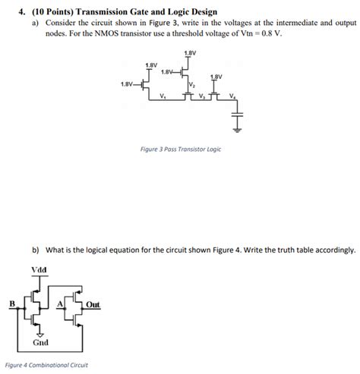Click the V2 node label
191,85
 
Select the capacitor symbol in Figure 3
238,121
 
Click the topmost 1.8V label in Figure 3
191,52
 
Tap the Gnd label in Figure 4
41,342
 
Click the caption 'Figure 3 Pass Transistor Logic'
181,149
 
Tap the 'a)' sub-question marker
26,24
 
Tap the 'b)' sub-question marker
36,249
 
